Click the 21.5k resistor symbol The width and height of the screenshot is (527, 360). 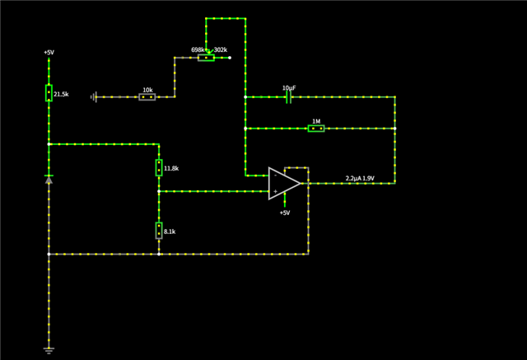coord(49,93)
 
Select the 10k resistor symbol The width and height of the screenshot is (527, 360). coord(147,97)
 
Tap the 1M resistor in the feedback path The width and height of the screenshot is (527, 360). coord(315,129)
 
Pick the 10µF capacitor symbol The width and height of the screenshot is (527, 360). coord(288,97)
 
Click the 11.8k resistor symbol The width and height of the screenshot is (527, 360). coord(159,168)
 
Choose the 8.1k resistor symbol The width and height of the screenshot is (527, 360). coord(159,231)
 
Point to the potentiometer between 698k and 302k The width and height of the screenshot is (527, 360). coord(206,58)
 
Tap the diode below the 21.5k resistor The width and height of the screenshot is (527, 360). coord(49,180)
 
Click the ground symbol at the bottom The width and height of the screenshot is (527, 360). coord(49,350)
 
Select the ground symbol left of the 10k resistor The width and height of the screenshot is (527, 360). coord(96,97)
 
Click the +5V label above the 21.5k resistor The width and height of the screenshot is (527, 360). coord(49,53)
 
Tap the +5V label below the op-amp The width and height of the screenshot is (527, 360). coord(284,213)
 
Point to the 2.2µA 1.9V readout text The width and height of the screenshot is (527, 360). coord(360,178)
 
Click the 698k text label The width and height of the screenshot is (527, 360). coord(198,49)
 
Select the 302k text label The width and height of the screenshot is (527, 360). coord(221,49)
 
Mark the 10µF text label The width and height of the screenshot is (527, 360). coord(288,87)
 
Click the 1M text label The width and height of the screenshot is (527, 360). coord(315,120)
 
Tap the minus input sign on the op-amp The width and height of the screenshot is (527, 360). coord(275,175)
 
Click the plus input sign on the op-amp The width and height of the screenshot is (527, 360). coord(275,191)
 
